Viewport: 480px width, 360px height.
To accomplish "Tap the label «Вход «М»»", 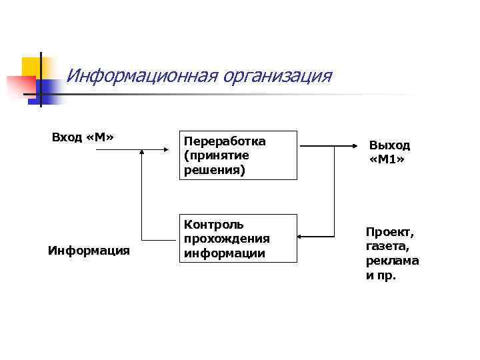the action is click(x=83, y=137).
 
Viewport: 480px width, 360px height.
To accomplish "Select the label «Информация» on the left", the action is click(x=89, y=251).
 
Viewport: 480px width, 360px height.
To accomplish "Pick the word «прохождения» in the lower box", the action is click(x=227, y=239).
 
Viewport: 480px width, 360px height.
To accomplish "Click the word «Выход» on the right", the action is click(x=390, y=145).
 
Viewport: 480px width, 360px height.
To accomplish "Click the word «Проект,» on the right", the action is click(x=390, y=232).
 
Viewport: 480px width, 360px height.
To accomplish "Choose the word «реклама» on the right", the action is click(x=392, y=261).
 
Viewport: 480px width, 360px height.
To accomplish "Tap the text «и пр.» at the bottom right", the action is click(x=381, y=275).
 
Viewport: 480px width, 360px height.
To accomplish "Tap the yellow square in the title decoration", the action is click(x=31, y=67).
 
